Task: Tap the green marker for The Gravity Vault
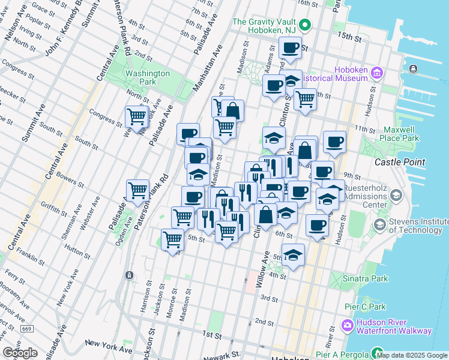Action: pyautogui.click(x=305, y=25)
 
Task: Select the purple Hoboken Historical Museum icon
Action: pyautogui.click(x=377, y=73)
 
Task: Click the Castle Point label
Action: pyautogui.click(x=399, y=162)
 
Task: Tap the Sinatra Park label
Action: pyautogui.click(x=366, y=278)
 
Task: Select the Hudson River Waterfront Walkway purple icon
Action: pyautogui.click(x=348, y=326)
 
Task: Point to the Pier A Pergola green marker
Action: pyautogui.click(x=377, y=353)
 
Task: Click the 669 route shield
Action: pyautogui.click(x=26, y=329)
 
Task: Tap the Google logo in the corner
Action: pyautogui.click(x=20, y=353)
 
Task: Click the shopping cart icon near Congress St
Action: pyautogui.click(x=137, y=115)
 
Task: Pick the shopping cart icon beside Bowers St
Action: pyautogui.click(x=138, y=190)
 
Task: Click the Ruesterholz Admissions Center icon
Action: pyautogui.click(x=396, y=196)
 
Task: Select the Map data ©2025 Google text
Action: pyautogui.click(x=412, y=355)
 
